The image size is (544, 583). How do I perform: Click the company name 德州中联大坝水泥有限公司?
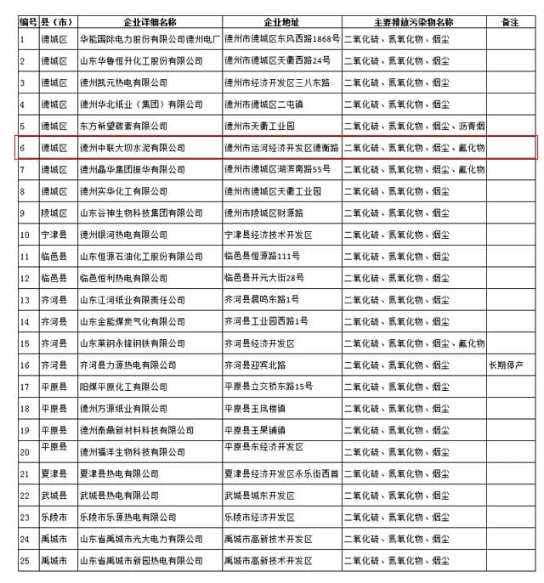pyautogui.click(x=132, y=148)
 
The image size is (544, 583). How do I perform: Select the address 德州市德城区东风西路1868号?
pyautogui.click(x=281, y=39)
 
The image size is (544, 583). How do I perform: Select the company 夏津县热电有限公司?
pyautogui.click(x=119, y=474)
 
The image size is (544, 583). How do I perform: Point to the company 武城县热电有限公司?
pyautogui.click(x=119, y=495)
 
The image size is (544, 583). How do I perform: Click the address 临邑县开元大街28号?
pyautogui.click(x=263, y=278)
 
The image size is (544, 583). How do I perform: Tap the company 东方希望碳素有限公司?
pyautogui.click(x=123, y=126)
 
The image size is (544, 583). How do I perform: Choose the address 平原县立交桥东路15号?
pyautogui.click(x=269, y=387)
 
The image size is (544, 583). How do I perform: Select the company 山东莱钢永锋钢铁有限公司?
pyautogui.click(x=132, y=343)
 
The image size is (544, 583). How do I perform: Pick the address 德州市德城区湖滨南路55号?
pyautogui.click(x=277, y=170)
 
